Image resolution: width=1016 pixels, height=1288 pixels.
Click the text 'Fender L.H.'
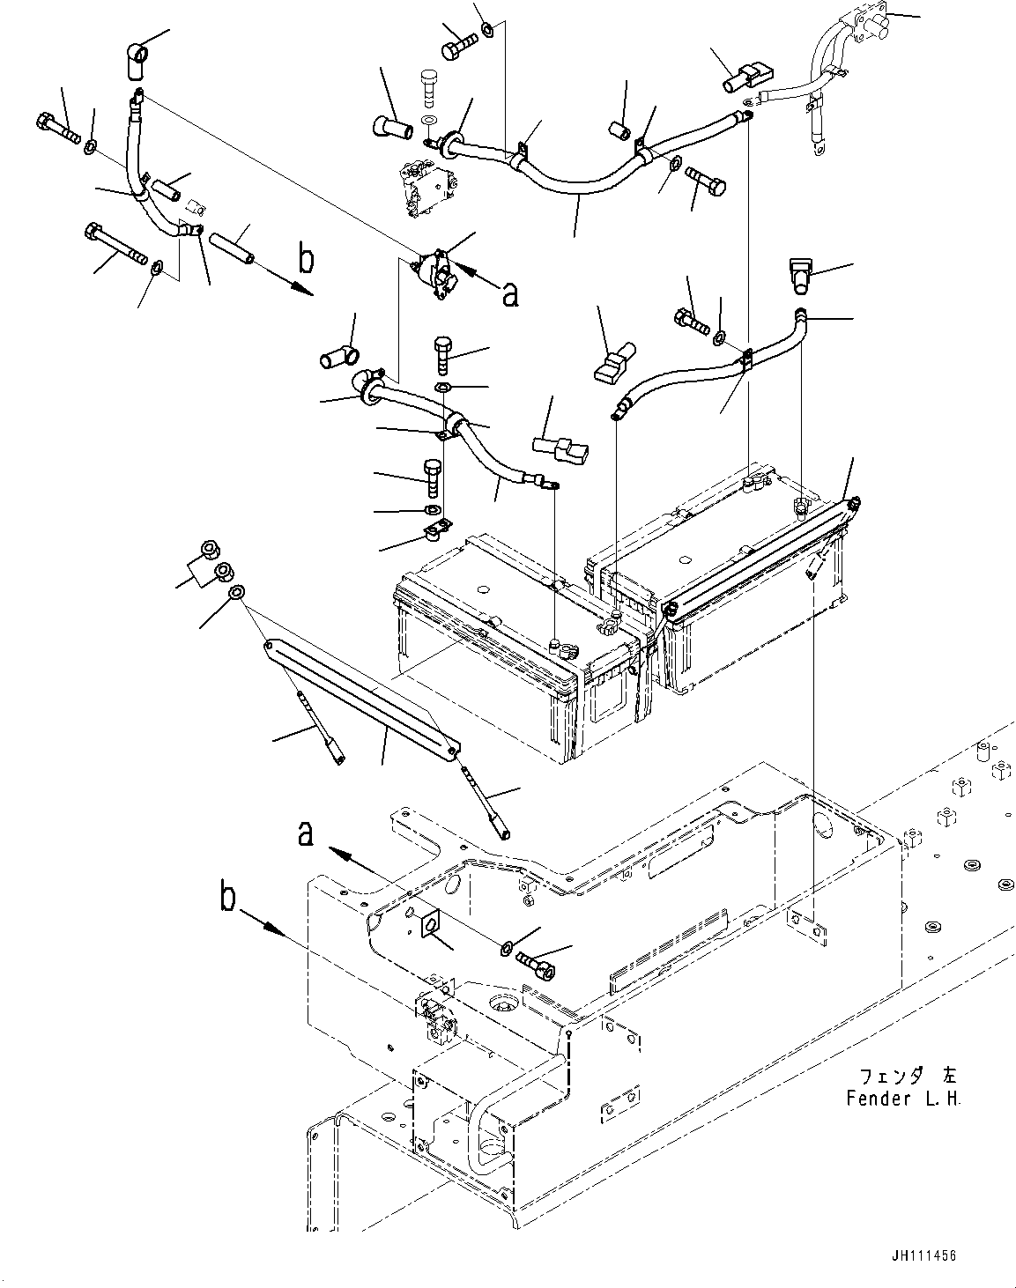(x=903, y=1099)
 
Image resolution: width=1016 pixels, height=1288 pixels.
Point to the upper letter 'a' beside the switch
(x=509, y=296)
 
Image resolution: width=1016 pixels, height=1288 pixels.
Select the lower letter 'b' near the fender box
(x=228, y=899)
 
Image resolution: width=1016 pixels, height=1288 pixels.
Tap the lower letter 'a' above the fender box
(x=306, y=833)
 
